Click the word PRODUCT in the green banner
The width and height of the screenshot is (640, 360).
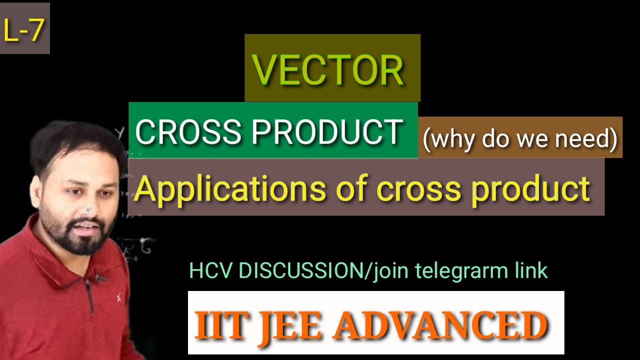pos(327,132)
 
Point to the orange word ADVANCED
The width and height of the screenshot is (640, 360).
pos(440,325)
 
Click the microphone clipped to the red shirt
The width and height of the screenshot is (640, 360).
pos(98,275)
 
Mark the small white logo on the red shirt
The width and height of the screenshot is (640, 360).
pos(119,298)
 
